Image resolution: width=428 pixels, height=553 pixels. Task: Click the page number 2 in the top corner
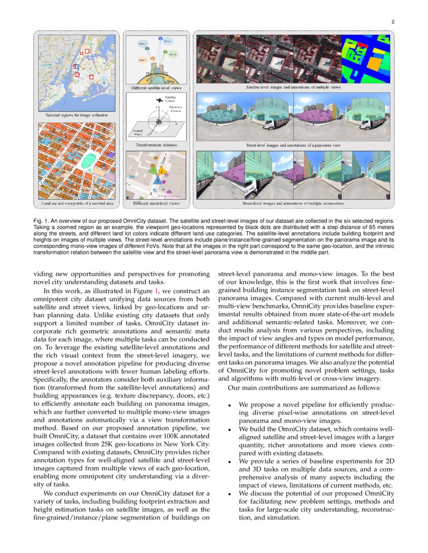point(392,22)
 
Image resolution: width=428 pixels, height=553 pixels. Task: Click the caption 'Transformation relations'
point(156,145)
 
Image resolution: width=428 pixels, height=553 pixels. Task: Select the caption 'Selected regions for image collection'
point(77,115)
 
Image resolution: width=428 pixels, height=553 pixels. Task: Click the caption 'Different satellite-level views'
point(156,87)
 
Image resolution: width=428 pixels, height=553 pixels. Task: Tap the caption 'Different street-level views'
point(156,204)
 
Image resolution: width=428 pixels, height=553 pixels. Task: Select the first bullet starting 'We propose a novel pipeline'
point(316,412)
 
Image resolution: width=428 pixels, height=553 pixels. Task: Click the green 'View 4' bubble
point(173,54)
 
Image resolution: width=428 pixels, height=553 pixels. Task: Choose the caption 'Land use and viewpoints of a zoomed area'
point(77,204)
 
